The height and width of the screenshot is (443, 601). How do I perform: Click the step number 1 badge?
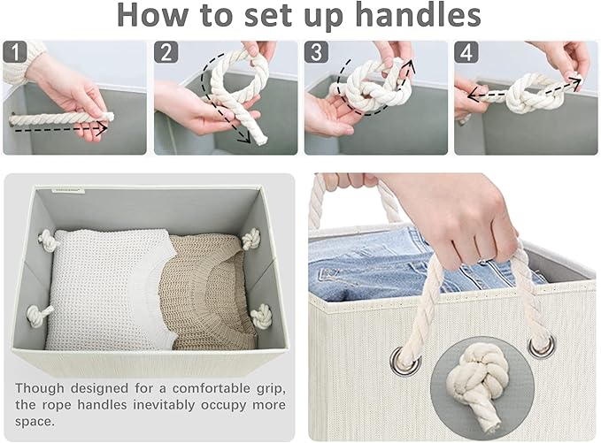click(14, 51)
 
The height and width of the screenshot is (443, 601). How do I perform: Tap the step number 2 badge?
click(166, 51)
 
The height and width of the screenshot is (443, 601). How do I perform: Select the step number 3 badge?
click(316, 51)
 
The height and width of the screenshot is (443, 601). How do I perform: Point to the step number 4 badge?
click(466, 51)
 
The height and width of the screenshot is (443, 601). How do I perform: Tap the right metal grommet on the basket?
click(542, 346)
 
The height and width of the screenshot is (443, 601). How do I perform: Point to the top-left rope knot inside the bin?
click(48, 239)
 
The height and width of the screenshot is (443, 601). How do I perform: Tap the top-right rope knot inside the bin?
click(250, 240)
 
